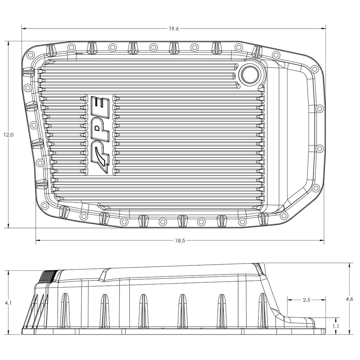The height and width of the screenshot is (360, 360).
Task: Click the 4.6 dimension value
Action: tap(349, 298)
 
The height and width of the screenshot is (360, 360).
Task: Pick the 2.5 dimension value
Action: tap(306, 300)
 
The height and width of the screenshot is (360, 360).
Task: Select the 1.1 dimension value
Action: tap(336, 326)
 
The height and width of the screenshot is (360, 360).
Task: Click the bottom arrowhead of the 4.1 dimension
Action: tap(8, 333)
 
